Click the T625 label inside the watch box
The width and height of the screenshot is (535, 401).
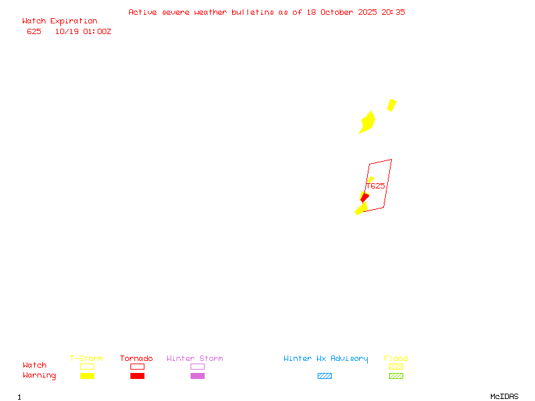[376, 186]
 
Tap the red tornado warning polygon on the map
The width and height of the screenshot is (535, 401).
[364, 197]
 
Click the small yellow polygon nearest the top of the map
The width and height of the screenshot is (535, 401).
[392, 105]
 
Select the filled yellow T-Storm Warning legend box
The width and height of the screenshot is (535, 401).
[87, 376]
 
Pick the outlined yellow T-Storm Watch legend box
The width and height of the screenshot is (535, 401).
[87, 366]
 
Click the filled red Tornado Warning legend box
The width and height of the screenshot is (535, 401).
[137, 376]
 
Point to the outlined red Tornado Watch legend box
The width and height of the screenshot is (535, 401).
[137, 366]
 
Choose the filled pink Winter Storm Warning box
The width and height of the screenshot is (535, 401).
[197, 376]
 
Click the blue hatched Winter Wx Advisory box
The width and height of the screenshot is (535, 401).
[324, 376]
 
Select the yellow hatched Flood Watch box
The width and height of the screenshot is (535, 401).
[396, 366]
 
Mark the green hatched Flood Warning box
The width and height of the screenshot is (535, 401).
[396, 376]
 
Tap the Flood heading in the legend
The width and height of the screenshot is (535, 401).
[395, 359]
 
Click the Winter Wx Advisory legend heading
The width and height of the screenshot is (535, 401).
[326, 359]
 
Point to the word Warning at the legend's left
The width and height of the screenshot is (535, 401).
[39, 376]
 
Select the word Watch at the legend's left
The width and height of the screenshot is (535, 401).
[35, 366]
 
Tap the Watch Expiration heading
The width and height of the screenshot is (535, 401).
[60, 21]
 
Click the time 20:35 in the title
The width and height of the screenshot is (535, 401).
[393, 12]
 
